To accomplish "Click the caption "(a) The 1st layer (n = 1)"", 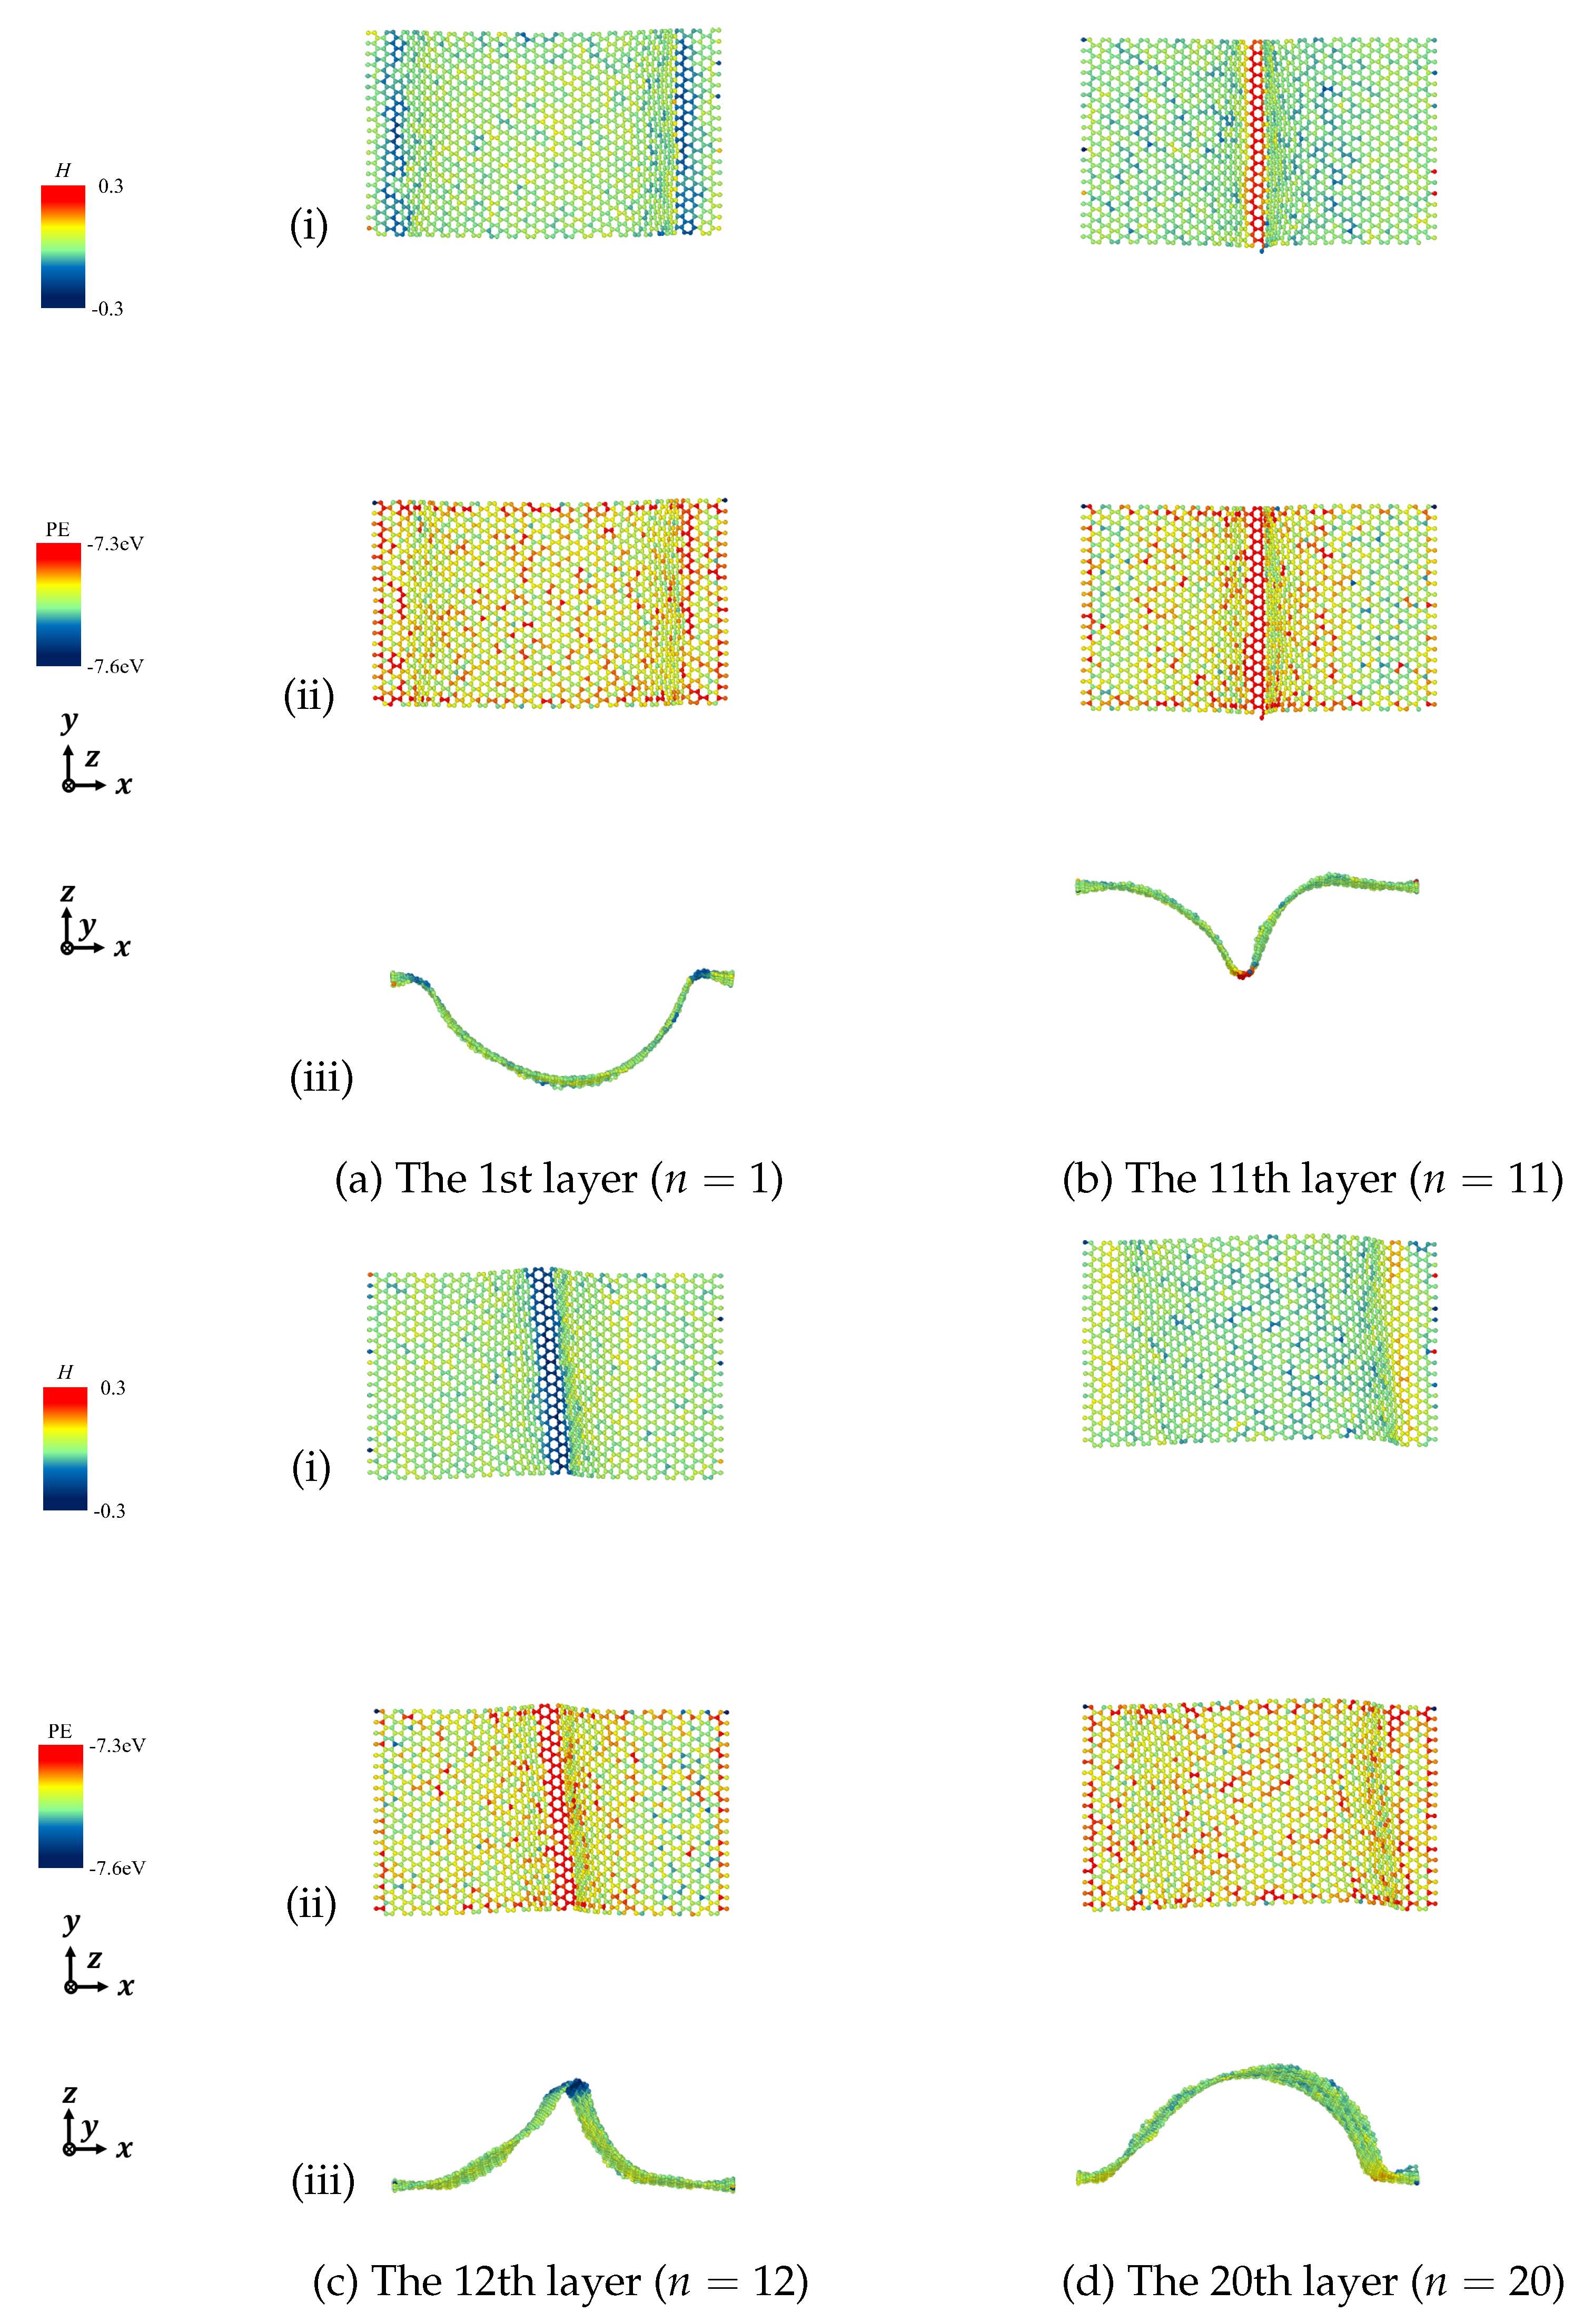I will [558, 1179].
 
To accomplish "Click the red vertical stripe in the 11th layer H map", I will [1258, 140].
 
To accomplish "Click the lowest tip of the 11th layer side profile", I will [1242, 972].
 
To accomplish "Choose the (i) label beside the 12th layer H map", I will [311, 1467].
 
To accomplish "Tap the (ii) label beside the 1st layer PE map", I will [309, 695].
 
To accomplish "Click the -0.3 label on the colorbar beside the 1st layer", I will [108, 309].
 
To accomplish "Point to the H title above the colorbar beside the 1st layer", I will [63, 171].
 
